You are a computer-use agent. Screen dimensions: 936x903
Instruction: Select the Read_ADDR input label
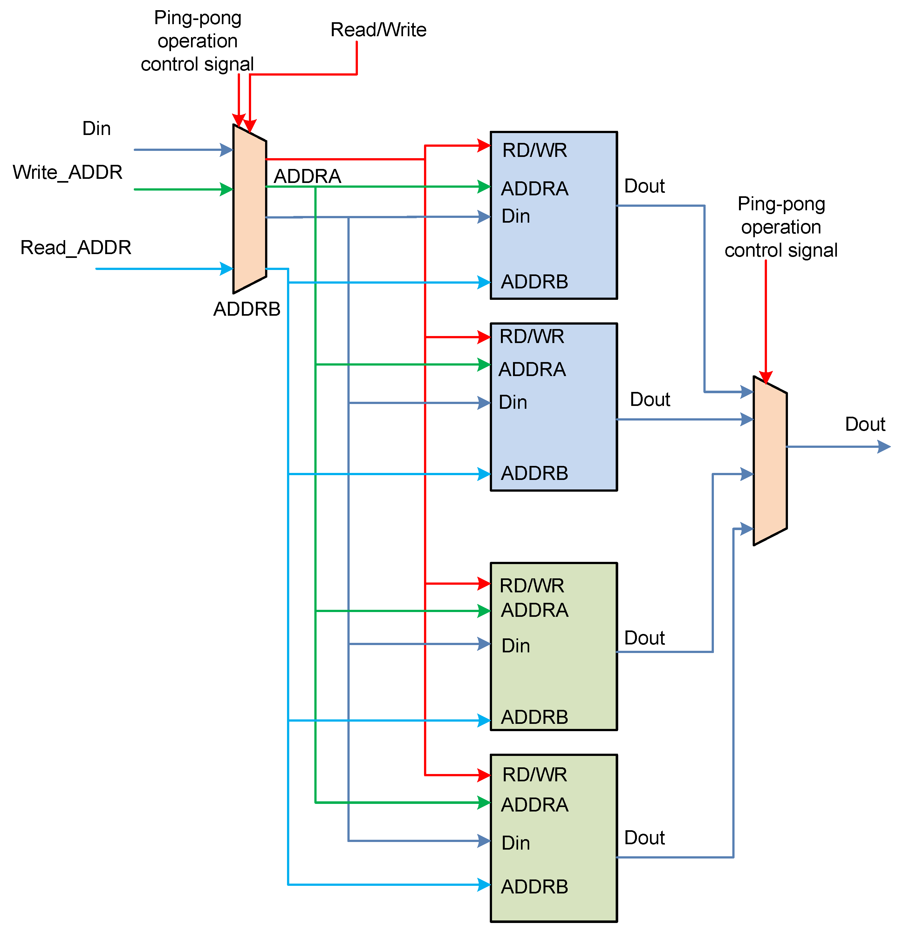coord(76,247)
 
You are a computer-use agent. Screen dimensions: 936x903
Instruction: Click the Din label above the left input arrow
coord(97,128)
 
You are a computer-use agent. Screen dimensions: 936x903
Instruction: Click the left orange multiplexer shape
coord(250,210)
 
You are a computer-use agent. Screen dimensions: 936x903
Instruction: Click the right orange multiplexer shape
coord(770,461)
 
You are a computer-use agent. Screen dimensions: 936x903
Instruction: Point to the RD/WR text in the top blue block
coord(534,151)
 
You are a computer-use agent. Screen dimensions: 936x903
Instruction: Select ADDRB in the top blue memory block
coord(534,282)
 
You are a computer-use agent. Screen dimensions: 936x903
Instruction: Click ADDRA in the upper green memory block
coord(534,610)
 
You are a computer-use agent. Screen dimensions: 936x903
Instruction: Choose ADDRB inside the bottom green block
coord(534,887)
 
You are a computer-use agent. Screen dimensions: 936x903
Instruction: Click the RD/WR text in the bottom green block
coord(534,775)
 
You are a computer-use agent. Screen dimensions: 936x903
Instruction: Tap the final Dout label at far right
coord(865,424)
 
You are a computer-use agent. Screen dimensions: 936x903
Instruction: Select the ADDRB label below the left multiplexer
coord(247,309)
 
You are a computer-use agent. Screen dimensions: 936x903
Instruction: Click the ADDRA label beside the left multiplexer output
coord(307,176)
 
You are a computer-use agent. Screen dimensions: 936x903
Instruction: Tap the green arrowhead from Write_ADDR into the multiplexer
coord(227,189)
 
